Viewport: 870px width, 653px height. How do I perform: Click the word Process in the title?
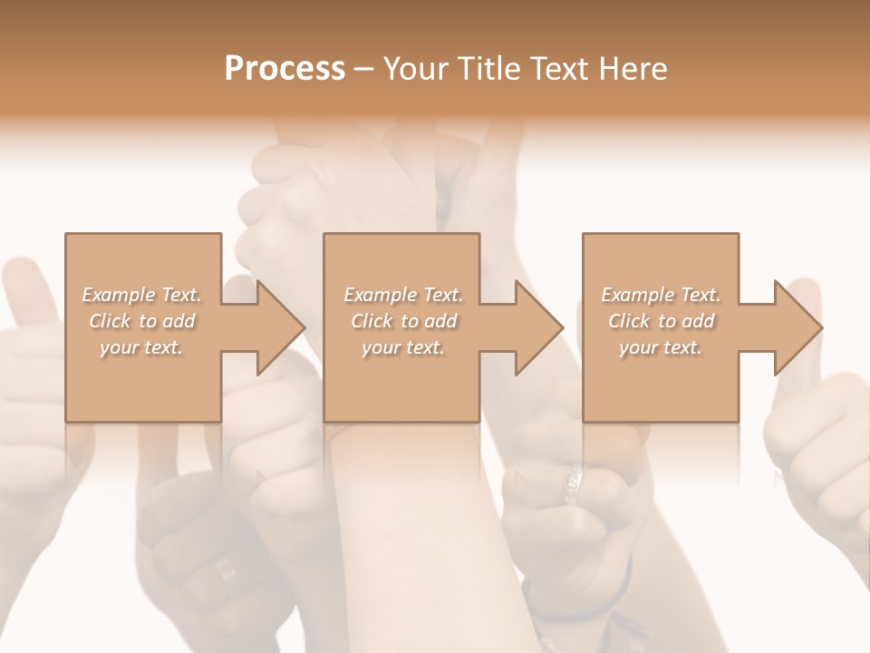point(285,69)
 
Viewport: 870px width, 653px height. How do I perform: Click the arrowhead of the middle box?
point(538,327)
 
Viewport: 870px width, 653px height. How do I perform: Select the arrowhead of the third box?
point(797,327)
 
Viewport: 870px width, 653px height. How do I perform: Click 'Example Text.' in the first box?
point(142,295)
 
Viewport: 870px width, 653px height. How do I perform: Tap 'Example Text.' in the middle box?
point(403,295)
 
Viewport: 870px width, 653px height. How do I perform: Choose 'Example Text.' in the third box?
point(661,295)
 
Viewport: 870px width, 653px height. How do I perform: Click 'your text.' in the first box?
point(142,347)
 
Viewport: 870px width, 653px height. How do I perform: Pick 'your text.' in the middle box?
point(403,347)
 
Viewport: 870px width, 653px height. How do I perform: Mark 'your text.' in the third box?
point(661,347)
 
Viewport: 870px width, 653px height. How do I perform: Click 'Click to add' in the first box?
point(142,321)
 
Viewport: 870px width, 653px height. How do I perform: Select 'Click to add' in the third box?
point(661,321)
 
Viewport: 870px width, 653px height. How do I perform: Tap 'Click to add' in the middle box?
point(403,321)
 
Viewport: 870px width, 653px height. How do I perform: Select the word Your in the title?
point(418,69)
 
